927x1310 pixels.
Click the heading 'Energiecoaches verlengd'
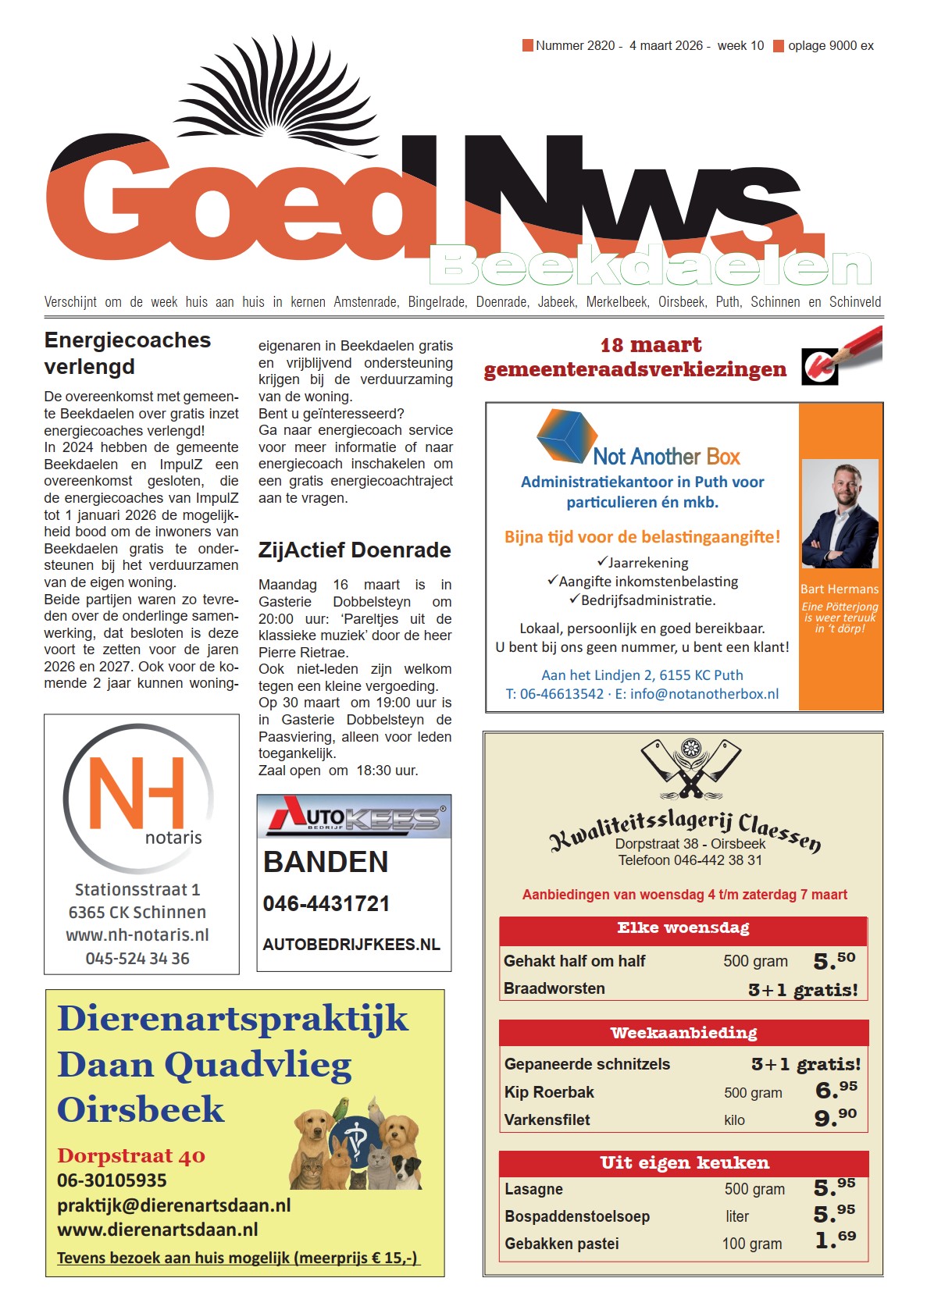tap(127, 353)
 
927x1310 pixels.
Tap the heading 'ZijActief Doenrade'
tap(355, 550)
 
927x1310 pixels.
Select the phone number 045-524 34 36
tap(137, 959)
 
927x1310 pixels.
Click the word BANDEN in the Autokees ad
tap(326, 862)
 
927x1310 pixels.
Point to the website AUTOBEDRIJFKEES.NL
tap(351, 945)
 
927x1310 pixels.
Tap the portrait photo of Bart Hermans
tap(840, 513)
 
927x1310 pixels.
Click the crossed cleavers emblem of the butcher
tap(690, 768)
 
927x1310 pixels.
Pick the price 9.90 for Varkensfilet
tap(835, 1118)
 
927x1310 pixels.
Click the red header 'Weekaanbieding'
tap(683, 1033)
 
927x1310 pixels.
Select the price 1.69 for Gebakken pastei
tap(835, 1241)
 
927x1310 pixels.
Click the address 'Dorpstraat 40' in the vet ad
tap(131, 1156)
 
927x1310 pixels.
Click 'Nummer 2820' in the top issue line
tap(575, 46)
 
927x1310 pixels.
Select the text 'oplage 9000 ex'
tap(830, 46)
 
